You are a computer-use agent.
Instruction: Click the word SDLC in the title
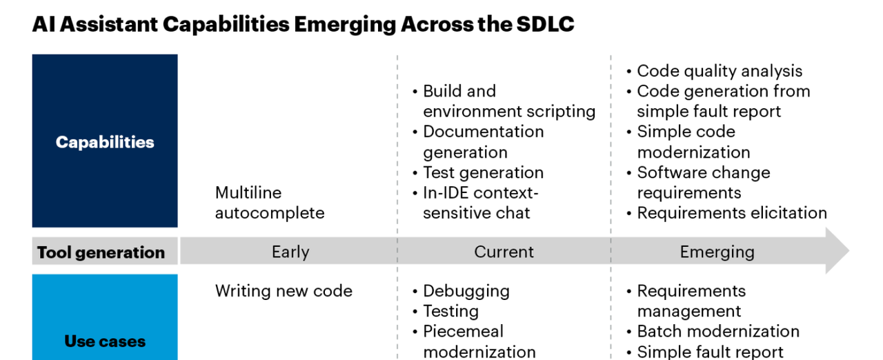coord(545,24)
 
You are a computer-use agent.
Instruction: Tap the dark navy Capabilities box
coord(105,141)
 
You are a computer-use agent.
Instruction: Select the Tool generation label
coord(101,252)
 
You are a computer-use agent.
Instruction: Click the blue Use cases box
coord(105,317)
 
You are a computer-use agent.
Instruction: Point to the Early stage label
coord(290,252)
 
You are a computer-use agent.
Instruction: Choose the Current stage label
coord(504,252)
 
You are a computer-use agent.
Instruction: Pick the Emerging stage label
coord(717,252)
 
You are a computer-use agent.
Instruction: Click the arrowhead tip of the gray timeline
coord(849,250)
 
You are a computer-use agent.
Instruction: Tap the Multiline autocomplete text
coord(270,203)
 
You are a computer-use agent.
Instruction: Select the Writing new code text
coord(284,291)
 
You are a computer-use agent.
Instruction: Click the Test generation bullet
coord(478,172)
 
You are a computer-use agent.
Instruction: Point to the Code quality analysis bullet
coord(714,71)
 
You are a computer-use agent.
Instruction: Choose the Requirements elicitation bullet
coord(726,213)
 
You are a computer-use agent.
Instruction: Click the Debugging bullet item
coord(462,292)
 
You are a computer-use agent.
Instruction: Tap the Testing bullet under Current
coord(446,312)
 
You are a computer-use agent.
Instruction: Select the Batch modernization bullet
coord(713,331)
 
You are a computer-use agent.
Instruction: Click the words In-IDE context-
coord(481,193)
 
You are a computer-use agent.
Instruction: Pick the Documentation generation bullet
coord(478,142)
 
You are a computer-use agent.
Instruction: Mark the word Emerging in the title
coord(345,25)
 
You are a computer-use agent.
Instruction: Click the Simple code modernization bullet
coord(688,142)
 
